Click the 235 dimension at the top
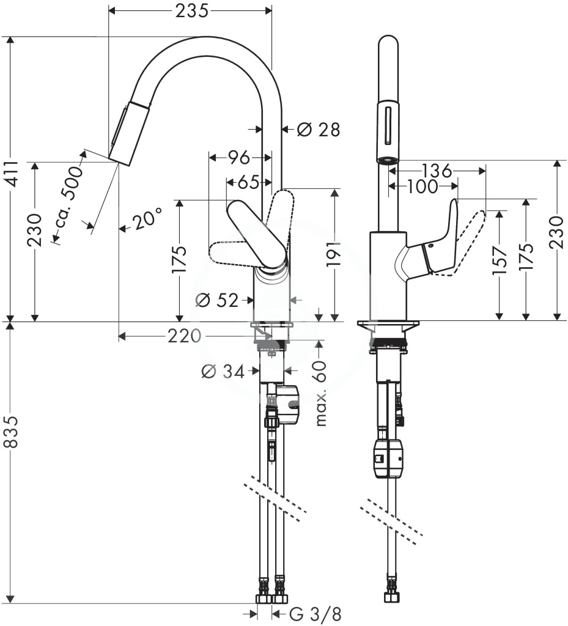[192, 11]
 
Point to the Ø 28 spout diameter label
[318, 130]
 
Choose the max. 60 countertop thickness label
[320, 394]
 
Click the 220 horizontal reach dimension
[184, 336]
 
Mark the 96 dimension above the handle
[238, 158]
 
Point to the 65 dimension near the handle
[248, 183]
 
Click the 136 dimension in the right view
[437, 171]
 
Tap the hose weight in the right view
[388, 458]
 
